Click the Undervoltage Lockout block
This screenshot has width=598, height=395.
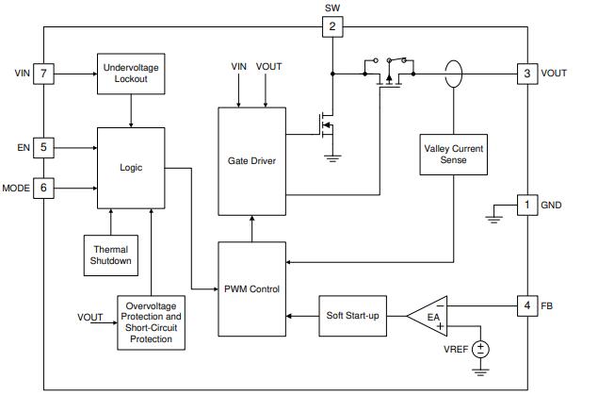point(131,74)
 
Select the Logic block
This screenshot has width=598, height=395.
point(131,167)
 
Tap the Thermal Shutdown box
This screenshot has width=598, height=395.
point(111,254)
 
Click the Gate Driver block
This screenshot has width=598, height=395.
point(251,161)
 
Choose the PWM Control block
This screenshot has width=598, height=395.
point(251,288)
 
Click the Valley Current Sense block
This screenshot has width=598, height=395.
point(455,153)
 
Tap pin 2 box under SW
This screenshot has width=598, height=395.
point(331,25)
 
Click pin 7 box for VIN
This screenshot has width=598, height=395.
point(43,73)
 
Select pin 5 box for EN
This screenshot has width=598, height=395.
point(43,147)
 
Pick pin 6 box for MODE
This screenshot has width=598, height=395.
point(43,188)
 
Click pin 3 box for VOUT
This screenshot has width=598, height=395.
point(527,73)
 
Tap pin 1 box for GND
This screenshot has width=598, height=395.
point(527,204)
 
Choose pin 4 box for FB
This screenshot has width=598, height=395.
point(527,305)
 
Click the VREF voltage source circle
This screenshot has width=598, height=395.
point(482,349)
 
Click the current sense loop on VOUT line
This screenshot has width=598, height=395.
point(455,73)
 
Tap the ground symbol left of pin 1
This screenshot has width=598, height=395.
point(493,219)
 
